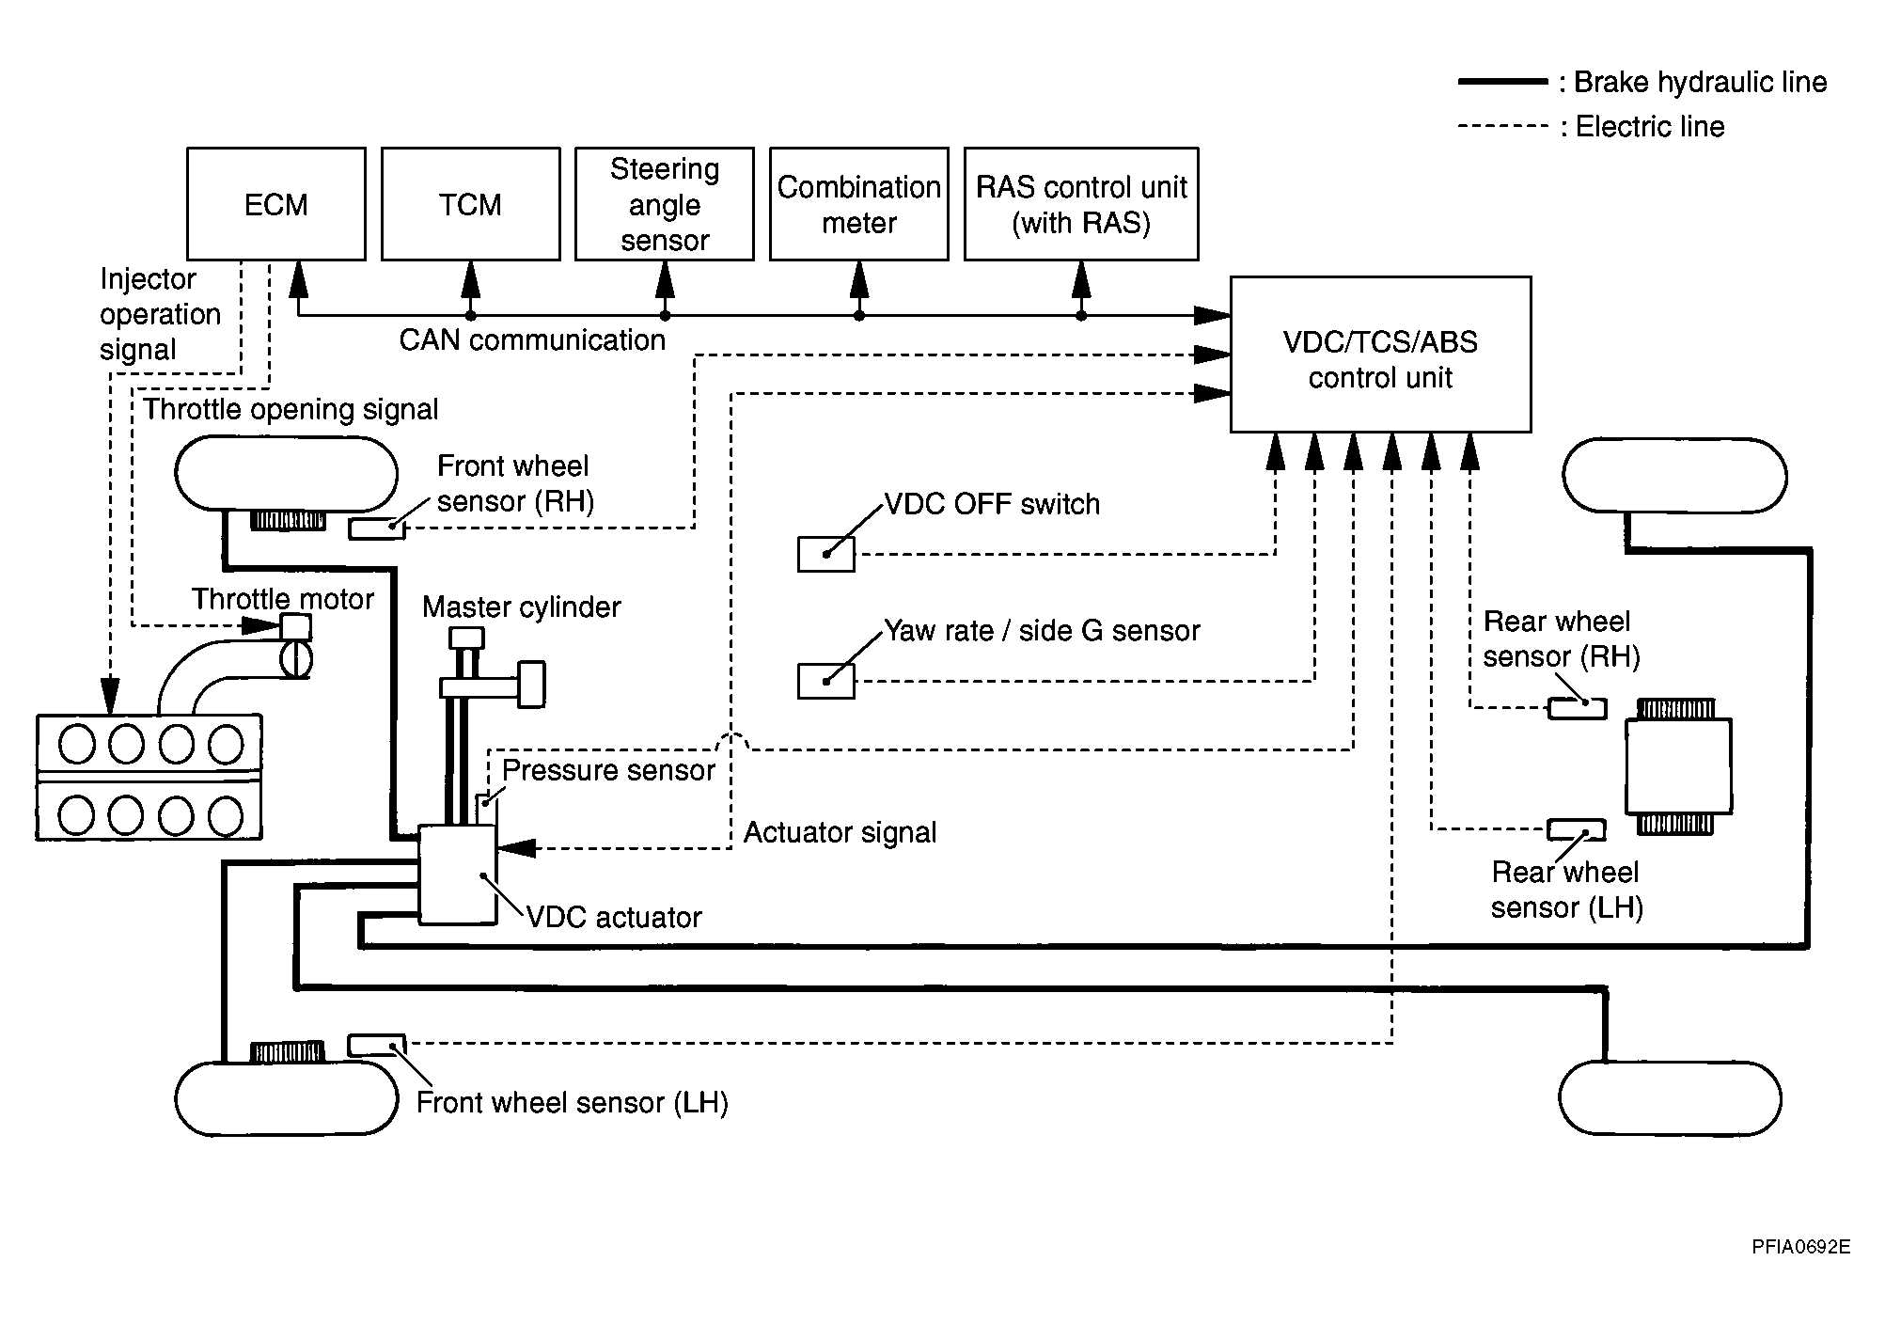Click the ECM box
point(275,203)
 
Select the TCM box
point(470,203)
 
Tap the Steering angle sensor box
point(664,203)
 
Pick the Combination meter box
point(858,203)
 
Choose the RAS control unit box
point(1081,203)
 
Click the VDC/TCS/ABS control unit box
point(1380,355)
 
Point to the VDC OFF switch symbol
point(825,554)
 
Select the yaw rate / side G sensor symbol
point(825,681)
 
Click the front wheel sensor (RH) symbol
point(377,528)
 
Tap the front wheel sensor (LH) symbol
point(377,1044)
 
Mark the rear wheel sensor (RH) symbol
point(1577,708)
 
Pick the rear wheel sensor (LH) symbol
point(1576,829)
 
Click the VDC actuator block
point(457,875)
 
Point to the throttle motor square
point(297,627)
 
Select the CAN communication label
point(532,339)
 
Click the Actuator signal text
point(840,832)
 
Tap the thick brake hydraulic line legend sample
point(1501,83)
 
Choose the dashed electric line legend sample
point(1501,126)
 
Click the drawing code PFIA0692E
point(1800,1247)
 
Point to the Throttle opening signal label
point(291,409)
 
